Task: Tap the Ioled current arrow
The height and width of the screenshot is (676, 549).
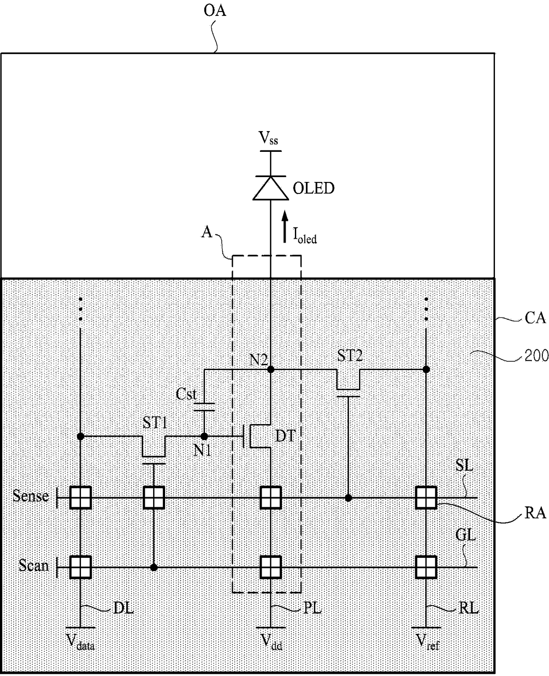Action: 285,227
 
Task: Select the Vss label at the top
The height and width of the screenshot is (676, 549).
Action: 268,139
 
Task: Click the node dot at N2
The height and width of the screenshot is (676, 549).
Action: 271,369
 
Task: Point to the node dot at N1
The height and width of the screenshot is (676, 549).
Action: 205,437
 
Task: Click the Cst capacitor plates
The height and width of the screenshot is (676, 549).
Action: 205,407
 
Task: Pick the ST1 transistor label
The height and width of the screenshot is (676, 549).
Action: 155,422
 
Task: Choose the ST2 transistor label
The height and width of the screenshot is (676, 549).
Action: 350,355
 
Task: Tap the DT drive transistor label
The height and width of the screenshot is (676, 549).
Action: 286,436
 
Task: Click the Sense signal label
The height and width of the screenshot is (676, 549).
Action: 31,496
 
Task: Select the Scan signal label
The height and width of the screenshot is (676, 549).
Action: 34,565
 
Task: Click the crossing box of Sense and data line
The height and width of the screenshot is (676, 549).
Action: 81,498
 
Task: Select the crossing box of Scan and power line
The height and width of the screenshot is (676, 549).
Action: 271,567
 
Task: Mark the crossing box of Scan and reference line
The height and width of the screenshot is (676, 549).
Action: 426,567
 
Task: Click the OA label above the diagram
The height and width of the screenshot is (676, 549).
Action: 215,11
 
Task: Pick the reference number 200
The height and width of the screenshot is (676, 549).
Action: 536,355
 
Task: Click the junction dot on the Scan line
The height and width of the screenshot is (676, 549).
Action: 154,567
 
